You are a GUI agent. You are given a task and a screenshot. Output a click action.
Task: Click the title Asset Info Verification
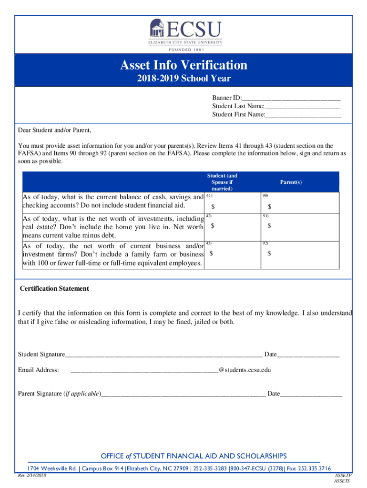[x=183, y=65]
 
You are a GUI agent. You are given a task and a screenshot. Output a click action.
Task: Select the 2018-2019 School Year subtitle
[x=183, y=79]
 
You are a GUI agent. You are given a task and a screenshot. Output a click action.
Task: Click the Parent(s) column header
[x=291, y=183]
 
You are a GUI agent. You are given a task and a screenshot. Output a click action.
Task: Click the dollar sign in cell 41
[x=213, y=206]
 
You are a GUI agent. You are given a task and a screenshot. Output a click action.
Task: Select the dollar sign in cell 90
[x=269, y=206]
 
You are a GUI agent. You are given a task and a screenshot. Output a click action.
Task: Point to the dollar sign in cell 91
[x=269, y=225]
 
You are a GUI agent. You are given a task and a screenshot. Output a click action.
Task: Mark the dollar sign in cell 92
[x=269, y=253]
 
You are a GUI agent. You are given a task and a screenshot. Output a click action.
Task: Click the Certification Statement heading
[x=54, y=289]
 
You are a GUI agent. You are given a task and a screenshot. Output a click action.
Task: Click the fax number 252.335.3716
[x=314, y=468]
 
